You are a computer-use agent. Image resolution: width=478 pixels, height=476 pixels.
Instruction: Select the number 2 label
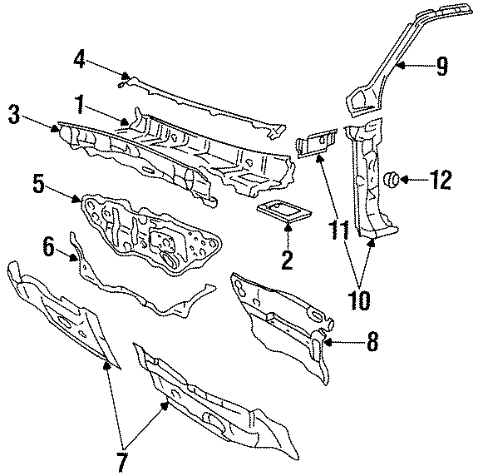tap(287, 260)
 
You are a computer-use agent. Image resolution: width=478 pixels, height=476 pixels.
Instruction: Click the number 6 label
tap(48, 245)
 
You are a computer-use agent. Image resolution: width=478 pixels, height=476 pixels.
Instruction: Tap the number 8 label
tap(371, 340)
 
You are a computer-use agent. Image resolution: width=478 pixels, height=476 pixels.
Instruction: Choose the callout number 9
tap(442, 66)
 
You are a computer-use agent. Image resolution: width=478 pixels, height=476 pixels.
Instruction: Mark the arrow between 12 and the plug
tap(416, 178)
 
